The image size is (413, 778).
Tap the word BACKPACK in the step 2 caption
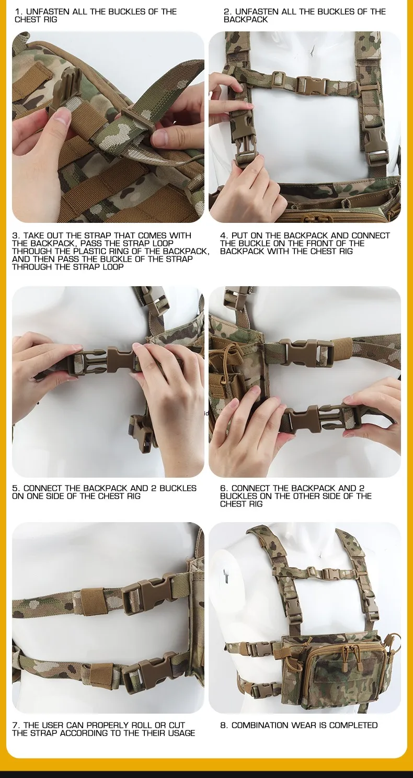pos(246,20)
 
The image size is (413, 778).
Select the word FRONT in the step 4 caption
pos(324,243)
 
